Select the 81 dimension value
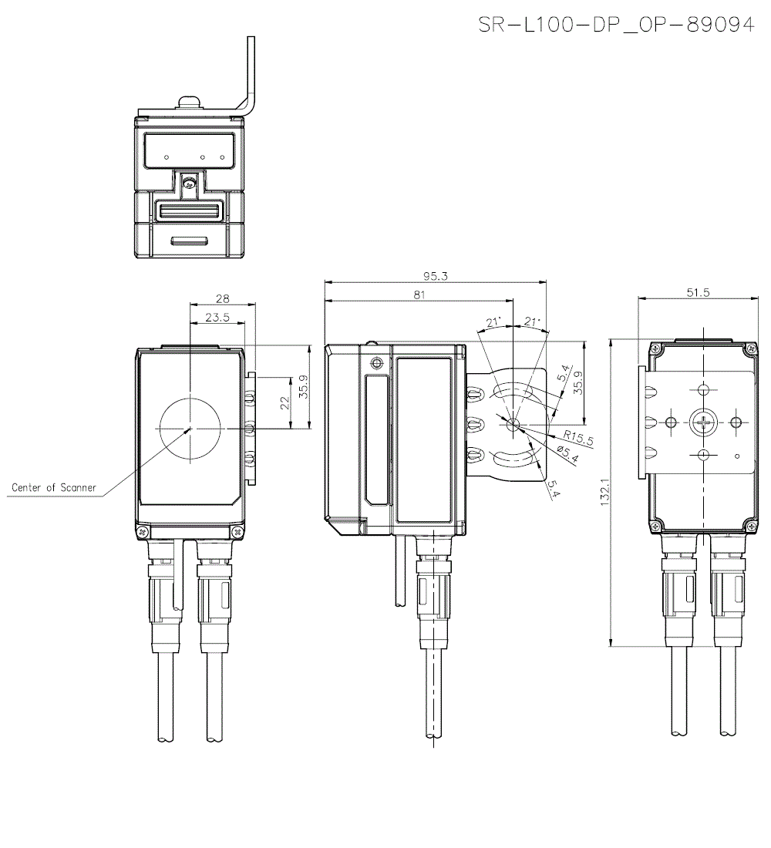419,295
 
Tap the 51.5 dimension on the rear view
696,292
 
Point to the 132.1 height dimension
604,493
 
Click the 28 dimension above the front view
222,298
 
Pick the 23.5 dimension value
217,318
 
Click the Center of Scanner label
54,487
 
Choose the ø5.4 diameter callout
569,455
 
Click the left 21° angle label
493,321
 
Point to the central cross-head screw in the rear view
702,422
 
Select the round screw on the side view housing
376,363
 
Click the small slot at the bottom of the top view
190,241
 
